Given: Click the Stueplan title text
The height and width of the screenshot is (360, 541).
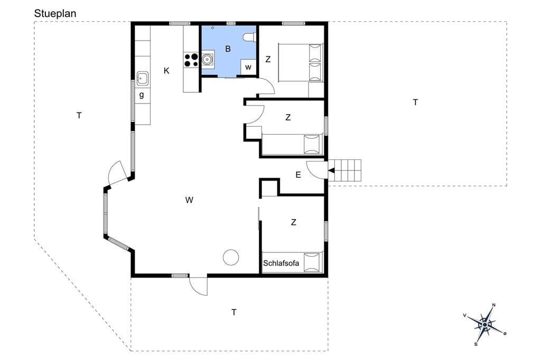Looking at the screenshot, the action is click(x=55, y=13).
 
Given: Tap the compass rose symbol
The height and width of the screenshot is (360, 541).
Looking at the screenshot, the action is click(x=485, y=325).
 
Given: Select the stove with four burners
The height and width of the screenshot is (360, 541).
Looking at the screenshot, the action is click(x=191, y=60).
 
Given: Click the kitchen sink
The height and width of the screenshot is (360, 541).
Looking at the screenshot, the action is click(x=143, y=79).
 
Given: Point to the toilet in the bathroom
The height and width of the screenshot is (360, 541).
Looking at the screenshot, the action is click(x=249, y=37).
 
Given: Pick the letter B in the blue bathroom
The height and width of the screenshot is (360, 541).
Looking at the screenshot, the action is click(x=228, y=49).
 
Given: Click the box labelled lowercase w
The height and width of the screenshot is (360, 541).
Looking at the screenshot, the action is click(x=248, y=67).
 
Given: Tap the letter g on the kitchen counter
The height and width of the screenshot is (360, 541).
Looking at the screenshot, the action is click(x=142, y=95).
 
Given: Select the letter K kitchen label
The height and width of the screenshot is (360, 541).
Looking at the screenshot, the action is click(x=166, y=71).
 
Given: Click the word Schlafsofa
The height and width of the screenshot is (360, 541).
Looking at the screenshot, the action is click(x=281, y=263).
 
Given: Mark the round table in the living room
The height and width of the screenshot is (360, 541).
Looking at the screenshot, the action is click(x=231, y=257).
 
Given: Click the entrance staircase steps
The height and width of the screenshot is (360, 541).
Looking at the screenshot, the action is click(x=344, y=170).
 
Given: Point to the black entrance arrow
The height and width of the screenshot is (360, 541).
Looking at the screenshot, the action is click(x=331, y=170).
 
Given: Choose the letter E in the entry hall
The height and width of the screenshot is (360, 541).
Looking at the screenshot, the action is click(x=298, y=175).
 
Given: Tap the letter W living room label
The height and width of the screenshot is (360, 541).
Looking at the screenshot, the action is click(x=189, y=200).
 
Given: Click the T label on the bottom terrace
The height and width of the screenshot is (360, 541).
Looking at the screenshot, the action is click(x=234, y=312).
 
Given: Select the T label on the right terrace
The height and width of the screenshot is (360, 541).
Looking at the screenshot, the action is click(x=415, y=102).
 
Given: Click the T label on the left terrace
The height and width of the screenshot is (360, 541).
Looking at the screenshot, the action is click(x=79, y=116).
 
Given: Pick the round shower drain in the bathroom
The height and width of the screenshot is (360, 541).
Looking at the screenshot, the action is click(x=212, y=27).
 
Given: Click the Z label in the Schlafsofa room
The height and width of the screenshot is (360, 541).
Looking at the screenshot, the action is click(x=294, y=222).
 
